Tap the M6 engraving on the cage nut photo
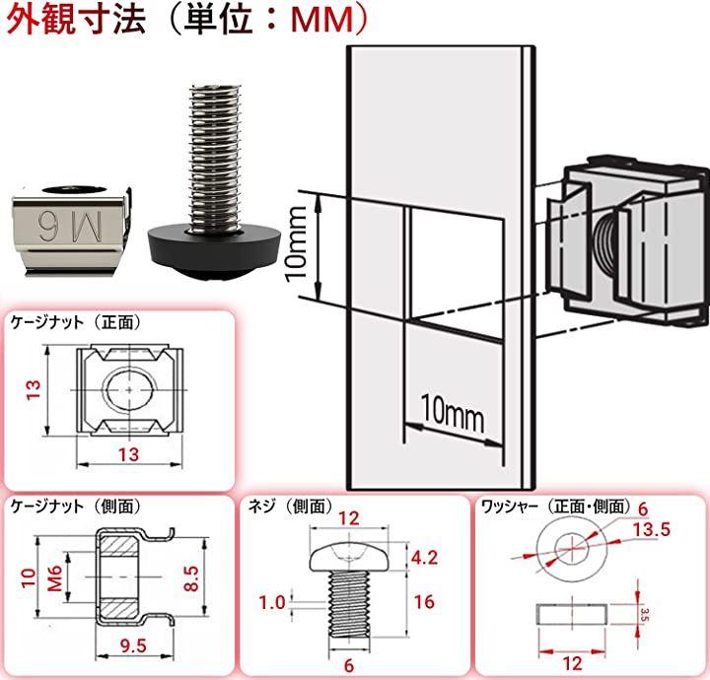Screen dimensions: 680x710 pyautogui.click(x=67, y=223)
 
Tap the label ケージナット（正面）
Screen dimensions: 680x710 pyautogui.click(x=77, y=322)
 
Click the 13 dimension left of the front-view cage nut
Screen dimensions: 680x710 pyautogui.click(x=34, y=392)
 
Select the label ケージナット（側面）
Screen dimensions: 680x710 pyautogui.click(x=77, y=507)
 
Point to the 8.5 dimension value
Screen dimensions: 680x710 pyautogui.click(x=201, y=575)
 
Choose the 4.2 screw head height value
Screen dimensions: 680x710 pyautogui.click(x=424, y=557)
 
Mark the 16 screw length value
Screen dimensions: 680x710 pyautogui.click(x=424, y=600)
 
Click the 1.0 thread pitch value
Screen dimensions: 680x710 pyautogui.click(x=273, y=600)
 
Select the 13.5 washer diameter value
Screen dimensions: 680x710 pyautogui.click(x=650, y=529)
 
